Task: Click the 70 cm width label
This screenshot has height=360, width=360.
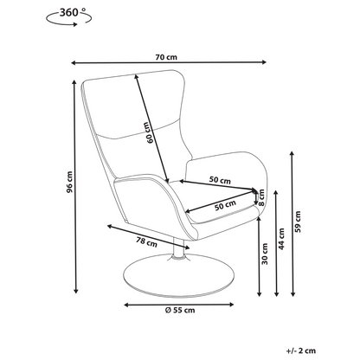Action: pos(166,57)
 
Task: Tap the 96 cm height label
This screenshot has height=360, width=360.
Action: pos(69,182)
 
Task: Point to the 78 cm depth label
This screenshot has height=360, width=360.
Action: pos(147,242)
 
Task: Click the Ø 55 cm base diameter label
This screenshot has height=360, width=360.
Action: pos(180,311)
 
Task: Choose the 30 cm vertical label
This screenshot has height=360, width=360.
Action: pos(265,254)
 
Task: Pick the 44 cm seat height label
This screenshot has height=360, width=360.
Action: pos(281,239)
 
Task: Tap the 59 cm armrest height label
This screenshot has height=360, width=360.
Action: pos(298,222)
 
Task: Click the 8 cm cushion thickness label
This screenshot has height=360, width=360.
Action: pos(261,197)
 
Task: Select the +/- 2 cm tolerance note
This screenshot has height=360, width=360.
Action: pos(301,350)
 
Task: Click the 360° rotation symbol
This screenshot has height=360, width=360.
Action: pos(69,16)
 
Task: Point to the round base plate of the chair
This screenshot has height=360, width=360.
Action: pos(178,275)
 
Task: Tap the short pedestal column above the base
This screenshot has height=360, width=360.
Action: pos(179,248)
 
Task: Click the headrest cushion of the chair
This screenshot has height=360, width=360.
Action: pos(136,104)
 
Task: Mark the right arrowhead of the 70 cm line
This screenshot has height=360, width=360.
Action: pos(264,62)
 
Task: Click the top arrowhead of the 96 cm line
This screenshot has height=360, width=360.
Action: pos(74,83)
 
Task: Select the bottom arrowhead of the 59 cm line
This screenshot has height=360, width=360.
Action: pos(292,293)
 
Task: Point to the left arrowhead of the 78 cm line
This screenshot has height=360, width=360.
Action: pos(110,227)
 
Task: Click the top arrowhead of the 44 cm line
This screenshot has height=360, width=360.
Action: pos(276,194)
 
